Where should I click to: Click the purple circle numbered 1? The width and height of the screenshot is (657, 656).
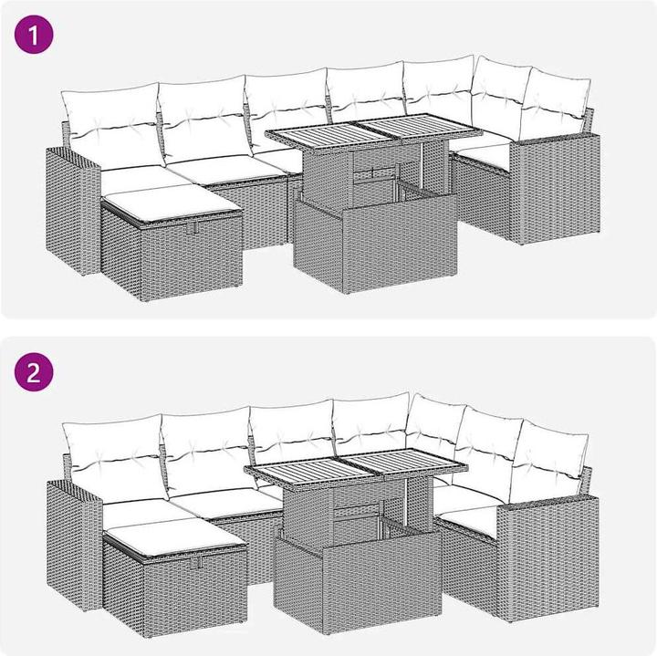click(x=34, y=34)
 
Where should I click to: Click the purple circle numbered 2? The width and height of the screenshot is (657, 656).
click(x=34, y=372)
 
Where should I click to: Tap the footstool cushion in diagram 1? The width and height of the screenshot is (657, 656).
click(x=171, y=203)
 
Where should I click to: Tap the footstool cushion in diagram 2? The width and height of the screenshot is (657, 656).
click(x=176, y=537)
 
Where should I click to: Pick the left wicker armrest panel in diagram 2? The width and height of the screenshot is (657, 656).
click(x=74, y=545)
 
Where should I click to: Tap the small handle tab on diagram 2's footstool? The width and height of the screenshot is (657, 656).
click(x=195, y=562)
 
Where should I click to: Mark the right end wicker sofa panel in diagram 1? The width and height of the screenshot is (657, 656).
click(x=555, y=190)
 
